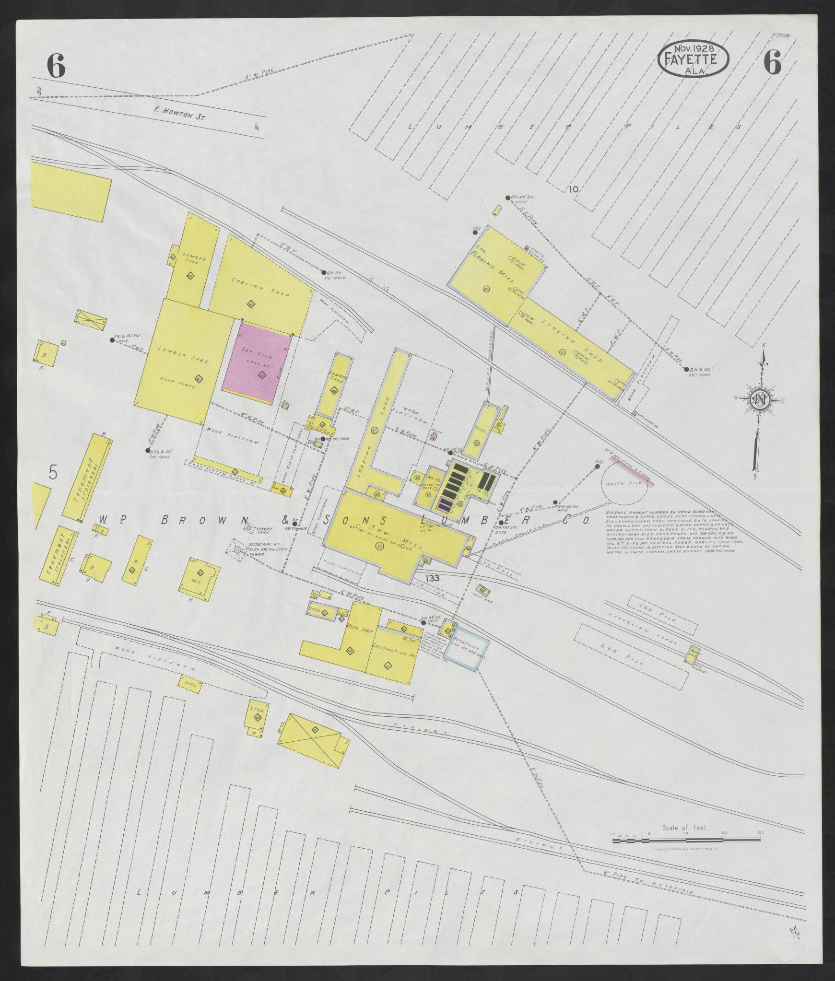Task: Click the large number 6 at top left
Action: (x=56, y=66)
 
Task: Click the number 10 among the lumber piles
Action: (x=574, y=190)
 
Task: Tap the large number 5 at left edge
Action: (x=53, y=472)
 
